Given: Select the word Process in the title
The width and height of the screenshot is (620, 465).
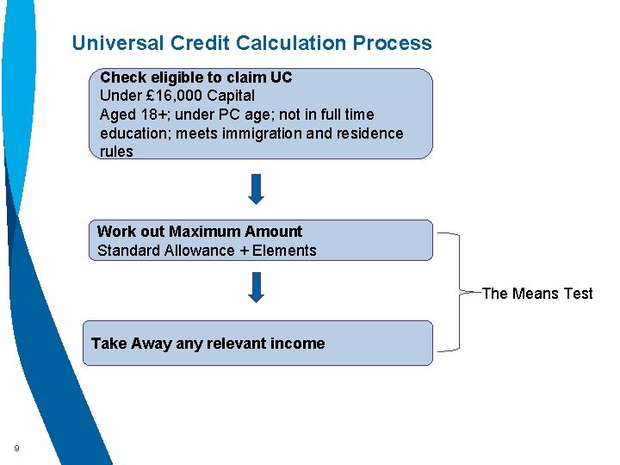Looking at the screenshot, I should (393, 43).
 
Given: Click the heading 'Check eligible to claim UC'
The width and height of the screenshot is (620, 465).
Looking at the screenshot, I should (196, 77).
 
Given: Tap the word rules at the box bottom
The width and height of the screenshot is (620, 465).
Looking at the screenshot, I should (116, 152).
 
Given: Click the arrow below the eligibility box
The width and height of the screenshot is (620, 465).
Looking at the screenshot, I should (256, 189).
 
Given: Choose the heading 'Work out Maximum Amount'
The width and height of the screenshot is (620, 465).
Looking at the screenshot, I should (200, 232).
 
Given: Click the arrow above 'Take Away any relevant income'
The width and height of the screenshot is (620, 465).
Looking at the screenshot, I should (256, 287).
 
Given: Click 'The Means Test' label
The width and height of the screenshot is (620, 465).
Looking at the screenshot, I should (537, 294).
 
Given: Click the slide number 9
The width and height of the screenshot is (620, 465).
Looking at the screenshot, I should (16, 448).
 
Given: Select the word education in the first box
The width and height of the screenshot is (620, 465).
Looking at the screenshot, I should (132, 133).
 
